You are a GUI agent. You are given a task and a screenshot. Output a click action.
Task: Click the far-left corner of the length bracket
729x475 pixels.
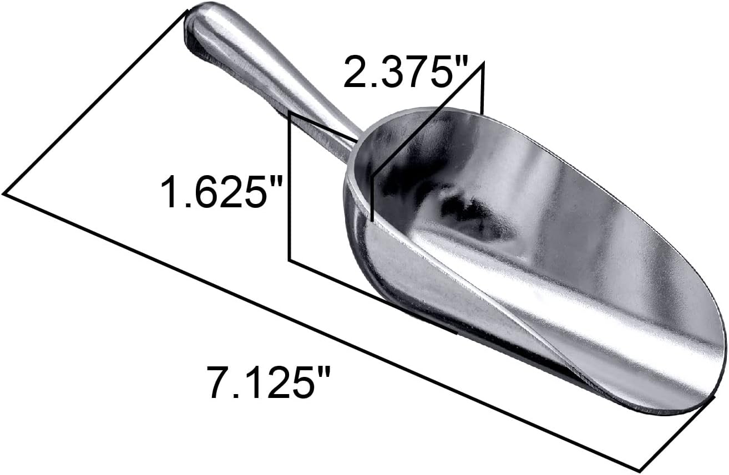pos(4,193)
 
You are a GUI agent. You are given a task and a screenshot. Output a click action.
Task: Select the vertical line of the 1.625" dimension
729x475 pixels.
pos(290,188)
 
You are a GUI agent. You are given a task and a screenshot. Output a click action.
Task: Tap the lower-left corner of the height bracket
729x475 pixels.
pos(290,259)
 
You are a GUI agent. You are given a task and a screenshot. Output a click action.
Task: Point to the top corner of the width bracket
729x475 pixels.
pos(483,63)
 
